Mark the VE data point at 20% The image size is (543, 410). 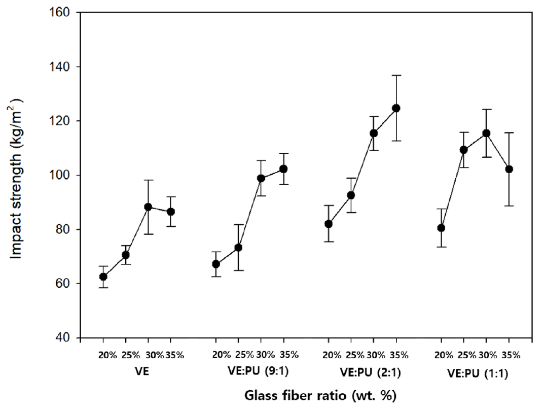pyautogui.click(x=103, y=277)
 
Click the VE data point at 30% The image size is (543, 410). pyautogui.click(x=148, y=207)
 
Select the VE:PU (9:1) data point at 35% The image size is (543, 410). pyautogui.click(x=283, y=168)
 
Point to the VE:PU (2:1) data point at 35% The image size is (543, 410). pyautogui.click(x=396, y=108)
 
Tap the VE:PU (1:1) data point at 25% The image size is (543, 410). pyautogui.click(x=463, y=150)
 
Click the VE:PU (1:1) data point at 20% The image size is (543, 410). pyautogui.click(x=441, y=228)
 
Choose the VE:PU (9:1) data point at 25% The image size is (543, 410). pyautogui.click(x=238, y=248)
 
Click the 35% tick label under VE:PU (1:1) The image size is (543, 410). pyautogui.click(x=511, y=355)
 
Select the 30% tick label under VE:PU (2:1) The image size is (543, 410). pyautogui.click(x=375, y=355)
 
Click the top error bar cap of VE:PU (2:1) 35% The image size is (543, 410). pyautogui.click(x=396, y=75)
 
